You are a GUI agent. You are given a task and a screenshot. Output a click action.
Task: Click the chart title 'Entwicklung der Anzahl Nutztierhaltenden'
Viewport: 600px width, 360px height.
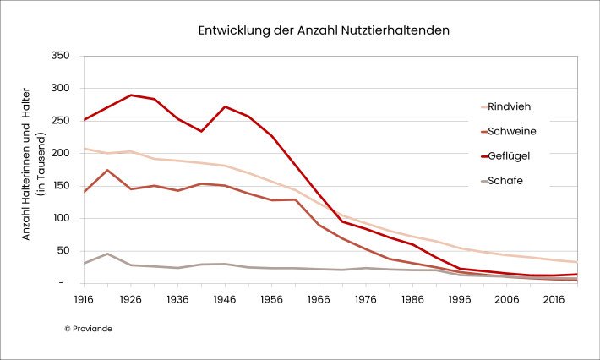324,30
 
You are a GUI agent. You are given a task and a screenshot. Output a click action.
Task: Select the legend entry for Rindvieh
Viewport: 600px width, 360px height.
509,106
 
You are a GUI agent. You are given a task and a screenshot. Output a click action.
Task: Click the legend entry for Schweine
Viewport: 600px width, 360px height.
512,131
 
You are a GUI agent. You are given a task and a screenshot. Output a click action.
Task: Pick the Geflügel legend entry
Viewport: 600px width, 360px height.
510,155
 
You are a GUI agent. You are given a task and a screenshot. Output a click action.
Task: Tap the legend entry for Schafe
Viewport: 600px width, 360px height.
505,180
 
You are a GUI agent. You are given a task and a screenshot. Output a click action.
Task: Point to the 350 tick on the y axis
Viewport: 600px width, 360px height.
63,56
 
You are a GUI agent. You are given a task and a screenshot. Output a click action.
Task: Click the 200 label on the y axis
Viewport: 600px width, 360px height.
63,153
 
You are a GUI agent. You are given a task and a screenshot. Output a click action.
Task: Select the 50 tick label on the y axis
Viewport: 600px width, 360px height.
66,250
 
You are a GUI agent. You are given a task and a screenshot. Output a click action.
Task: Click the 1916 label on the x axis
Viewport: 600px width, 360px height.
84,300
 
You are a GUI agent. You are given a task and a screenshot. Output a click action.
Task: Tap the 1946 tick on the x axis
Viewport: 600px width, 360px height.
225,300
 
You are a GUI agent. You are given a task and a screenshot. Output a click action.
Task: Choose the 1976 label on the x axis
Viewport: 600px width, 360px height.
365,300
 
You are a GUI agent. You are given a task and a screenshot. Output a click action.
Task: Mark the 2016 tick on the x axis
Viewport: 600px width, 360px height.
553,300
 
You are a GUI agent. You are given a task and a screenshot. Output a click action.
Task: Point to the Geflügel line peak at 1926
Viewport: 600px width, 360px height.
131,95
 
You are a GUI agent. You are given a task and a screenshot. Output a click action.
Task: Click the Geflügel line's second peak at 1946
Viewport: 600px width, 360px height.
225,106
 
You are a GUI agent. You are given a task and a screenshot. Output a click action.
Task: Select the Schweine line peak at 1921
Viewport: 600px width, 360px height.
107,170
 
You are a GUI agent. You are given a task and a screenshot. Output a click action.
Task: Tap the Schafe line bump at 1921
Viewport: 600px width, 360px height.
107,254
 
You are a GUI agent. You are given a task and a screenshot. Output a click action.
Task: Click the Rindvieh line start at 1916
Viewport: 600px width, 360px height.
85,149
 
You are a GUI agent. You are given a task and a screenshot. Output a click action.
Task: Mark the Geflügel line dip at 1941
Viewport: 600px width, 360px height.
201,131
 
